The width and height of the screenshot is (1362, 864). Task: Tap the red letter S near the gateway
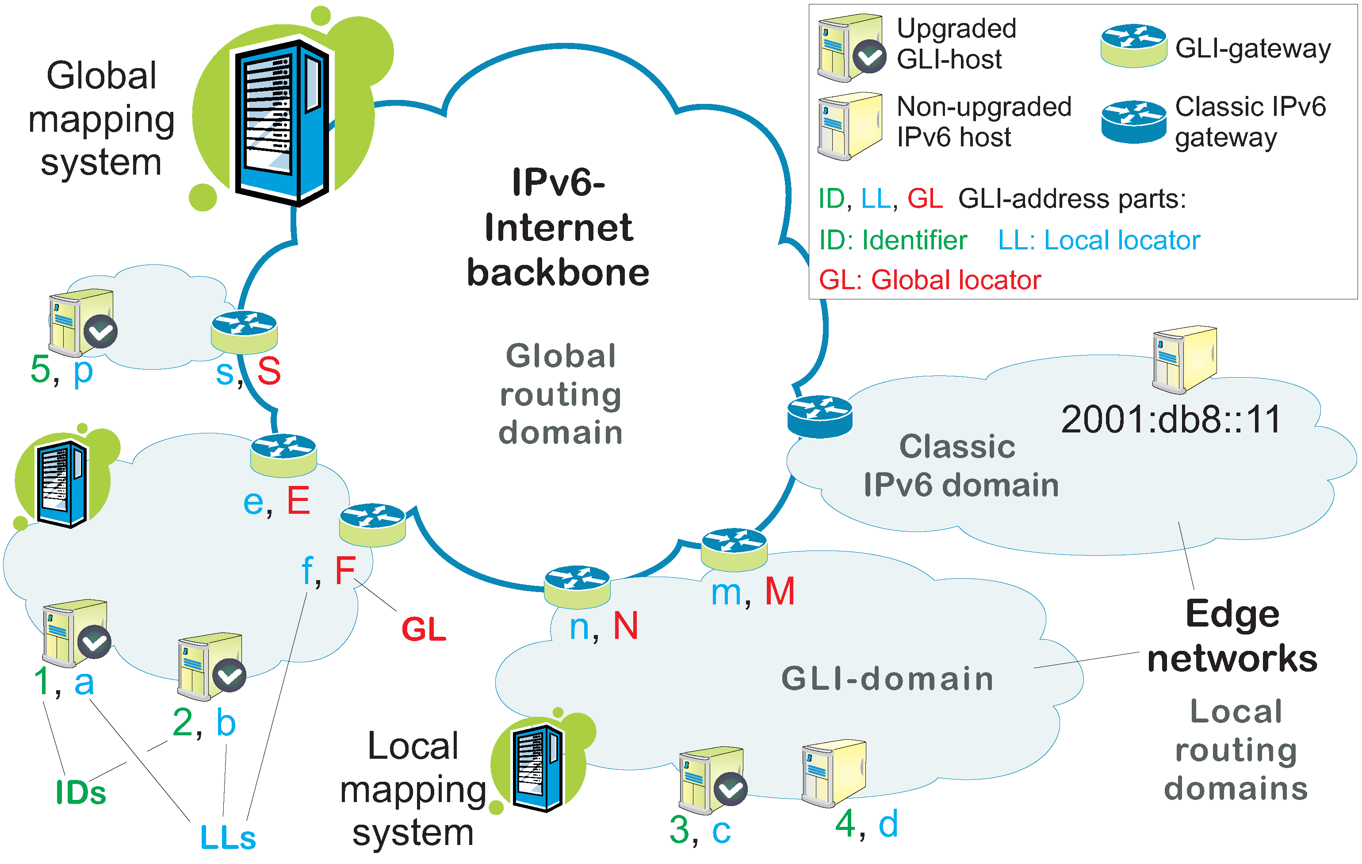coord(269,372)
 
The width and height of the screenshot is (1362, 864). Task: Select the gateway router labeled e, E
coord(283,455)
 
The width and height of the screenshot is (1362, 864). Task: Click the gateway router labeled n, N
coord(577,586)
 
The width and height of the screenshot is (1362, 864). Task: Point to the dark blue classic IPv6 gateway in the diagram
coord(819,416)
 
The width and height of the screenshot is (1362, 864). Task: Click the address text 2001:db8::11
coord(1171,420)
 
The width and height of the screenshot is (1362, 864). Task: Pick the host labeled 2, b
coord(210,667)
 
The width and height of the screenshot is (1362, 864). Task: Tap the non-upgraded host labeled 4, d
coord(833,773)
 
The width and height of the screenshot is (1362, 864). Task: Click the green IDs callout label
coord(81,793)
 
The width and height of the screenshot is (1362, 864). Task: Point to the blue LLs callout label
coord(228,838)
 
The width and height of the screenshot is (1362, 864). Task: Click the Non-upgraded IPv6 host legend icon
coord(849,126)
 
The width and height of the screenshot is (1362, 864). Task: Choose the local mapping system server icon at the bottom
coord(538,766)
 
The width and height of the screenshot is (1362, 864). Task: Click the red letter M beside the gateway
coord(780,592)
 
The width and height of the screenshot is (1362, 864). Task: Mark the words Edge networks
coord(1232,636)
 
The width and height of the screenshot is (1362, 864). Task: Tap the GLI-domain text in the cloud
coord(887,679)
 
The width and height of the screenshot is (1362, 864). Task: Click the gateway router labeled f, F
coord(372,524)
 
